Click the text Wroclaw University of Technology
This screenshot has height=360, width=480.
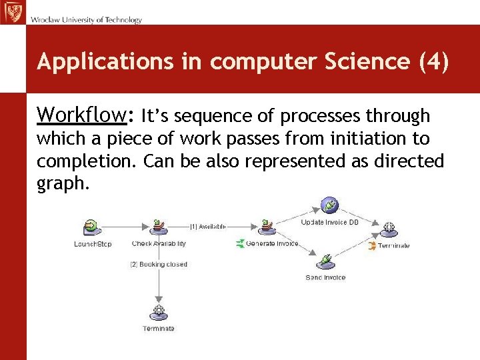tap(86, 20)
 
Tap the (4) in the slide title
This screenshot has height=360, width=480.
tap(434, 61)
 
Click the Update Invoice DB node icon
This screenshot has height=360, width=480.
tap(329, 205)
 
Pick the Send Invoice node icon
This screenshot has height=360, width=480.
tap(325, 261)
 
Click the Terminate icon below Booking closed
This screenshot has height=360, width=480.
tap(159, 312)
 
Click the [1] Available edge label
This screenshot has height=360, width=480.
tap(208, 227)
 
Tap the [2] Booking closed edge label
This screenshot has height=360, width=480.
tap(159, 265)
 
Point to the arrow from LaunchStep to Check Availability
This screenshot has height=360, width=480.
tap(127, 228)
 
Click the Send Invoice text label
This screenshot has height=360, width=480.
tap(325, 277)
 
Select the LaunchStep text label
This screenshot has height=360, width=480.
tap(93, 244)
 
